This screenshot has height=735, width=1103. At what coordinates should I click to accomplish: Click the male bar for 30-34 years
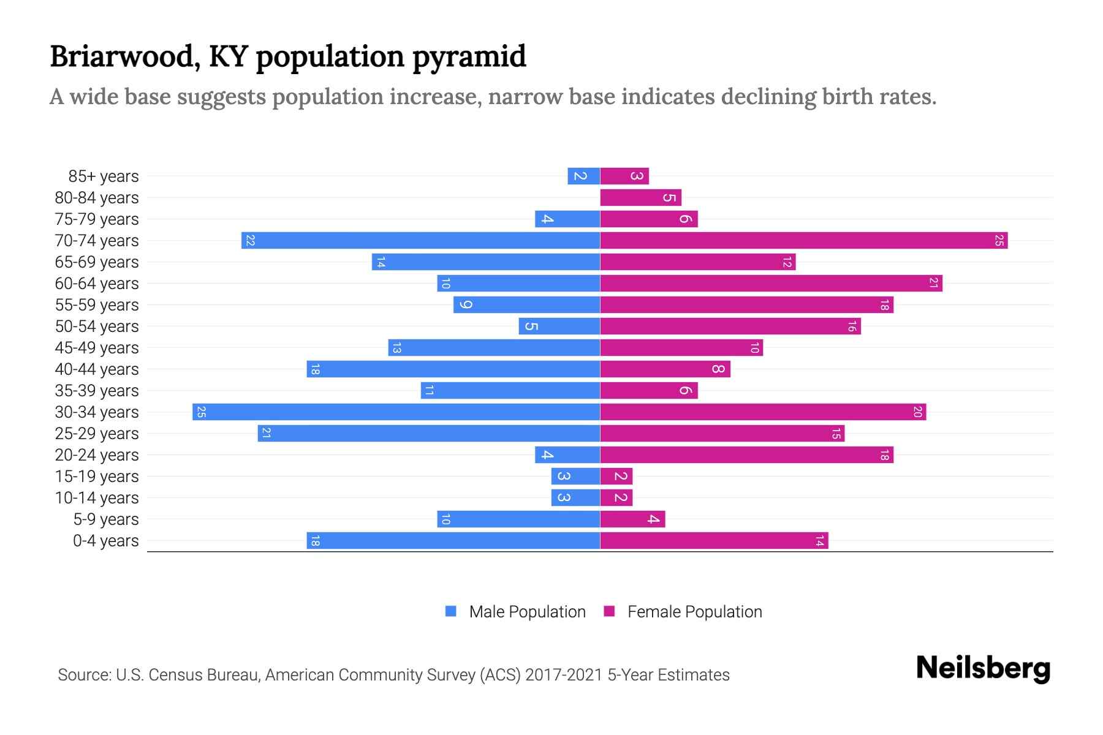point(396,412)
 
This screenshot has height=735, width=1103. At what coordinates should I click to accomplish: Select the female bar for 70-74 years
point(803,240)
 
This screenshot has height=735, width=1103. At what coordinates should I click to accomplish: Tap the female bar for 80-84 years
point(640,197)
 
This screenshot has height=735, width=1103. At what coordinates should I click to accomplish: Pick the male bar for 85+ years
point(583,176)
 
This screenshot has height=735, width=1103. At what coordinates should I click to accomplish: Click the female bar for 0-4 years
point(714,540)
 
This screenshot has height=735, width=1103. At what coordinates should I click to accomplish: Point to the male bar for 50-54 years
point(559,326)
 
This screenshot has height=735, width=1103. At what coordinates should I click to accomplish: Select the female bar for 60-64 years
point(771,283)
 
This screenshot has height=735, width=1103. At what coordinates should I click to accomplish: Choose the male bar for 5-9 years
point(518,519)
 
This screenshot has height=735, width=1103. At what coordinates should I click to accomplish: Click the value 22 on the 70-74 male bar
point(250,241)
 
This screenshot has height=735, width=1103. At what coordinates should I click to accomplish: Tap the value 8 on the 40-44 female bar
point(718,369)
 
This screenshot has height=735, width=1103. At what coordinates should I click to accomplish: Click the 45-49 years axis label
point(97,347)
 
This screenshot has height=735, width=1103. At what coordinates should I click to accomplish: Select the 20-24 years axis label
point(97,454)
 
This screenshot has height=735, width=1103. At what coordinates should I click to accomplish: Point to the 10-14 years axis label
point(97,497)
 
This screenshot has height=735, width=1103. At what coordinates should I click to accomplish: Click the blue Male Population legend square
point(451,611)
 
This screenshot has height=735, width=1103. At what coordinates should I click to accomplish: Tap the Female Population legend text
point(694,611)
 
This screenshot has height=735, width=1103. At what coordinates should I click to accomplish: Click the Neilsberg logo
point(983,668)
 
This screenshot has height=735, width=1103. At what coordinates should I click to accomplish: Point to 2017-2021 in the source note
point(563,674)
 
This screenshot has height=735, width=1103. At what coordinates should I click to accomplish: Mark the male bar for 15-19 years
point(575,476)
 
